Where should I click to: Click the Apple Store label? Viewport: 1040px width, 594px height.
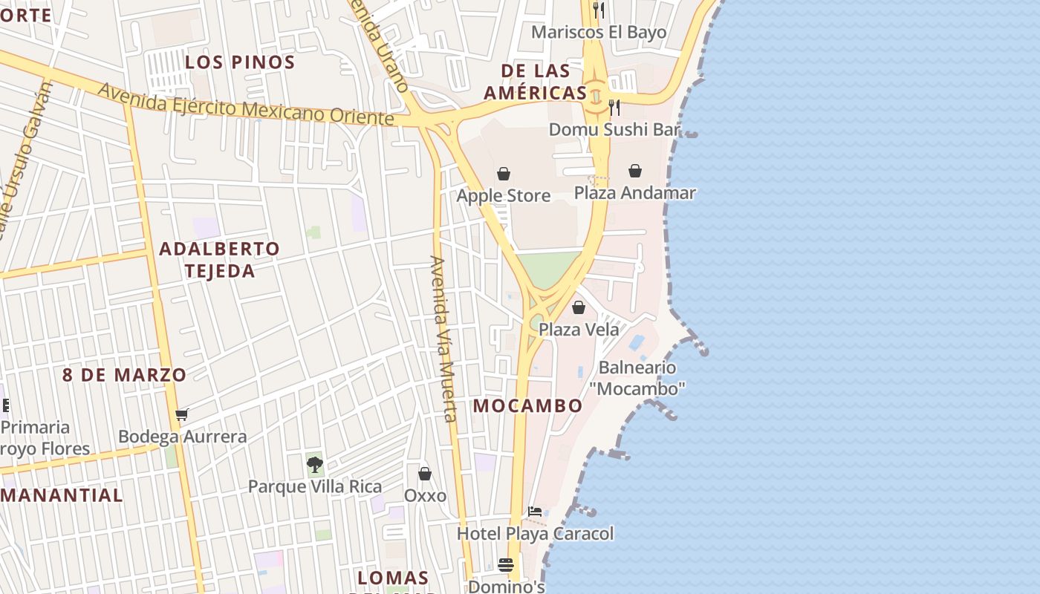pos(503,196)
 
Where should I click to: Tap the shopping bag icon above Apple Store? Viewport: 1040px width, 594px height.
pos(504,174)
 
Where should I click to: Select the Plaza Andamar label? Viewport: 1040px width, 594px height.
pos(634,193)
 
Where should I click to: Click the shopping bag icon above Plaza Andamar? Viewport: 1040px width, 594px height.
pos(635,172)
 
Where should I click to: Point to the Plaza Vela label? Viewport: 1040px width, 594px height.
pos(578,329)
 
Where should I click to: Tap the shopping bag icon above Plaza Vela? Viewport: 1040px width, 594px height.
pos(579,307)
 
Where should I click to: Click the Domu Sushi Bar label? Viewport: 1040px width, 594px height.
pos(614,130)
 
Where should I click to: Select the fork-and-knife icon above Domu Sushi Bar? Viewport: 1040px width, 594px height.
pos(614,108)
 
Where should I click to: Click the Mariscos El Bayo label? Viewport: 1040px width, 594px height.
pos(599,33)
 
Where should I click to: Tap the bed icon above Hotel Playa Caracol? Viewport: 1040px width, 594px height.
pos(534,512)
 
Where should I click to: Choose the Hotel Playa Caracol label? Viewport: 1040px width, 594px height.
pos(535,534)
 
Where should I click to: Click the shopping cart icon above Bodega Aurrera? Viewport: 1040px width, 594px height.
pos(182,414)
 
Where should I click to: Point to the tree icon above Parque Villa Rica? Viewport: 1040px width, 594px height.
pos(315,466)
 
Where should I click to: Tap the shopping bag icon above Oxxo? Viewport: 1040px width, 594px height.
pos(425,474)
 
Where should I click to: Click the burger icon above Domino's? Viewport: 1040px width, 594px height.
pos(506,565)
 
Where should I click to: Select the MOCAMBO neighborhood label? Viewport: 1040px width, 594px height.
pos(527,406)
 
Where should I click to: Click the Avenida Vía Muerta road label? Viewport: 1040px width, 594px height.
pos(443,339)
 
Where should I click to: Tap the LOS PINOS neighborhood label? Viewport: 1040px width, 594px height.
pos(240,62)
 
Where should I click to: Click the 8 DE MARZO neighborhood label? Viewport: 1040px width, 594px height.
pos(124,375)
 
